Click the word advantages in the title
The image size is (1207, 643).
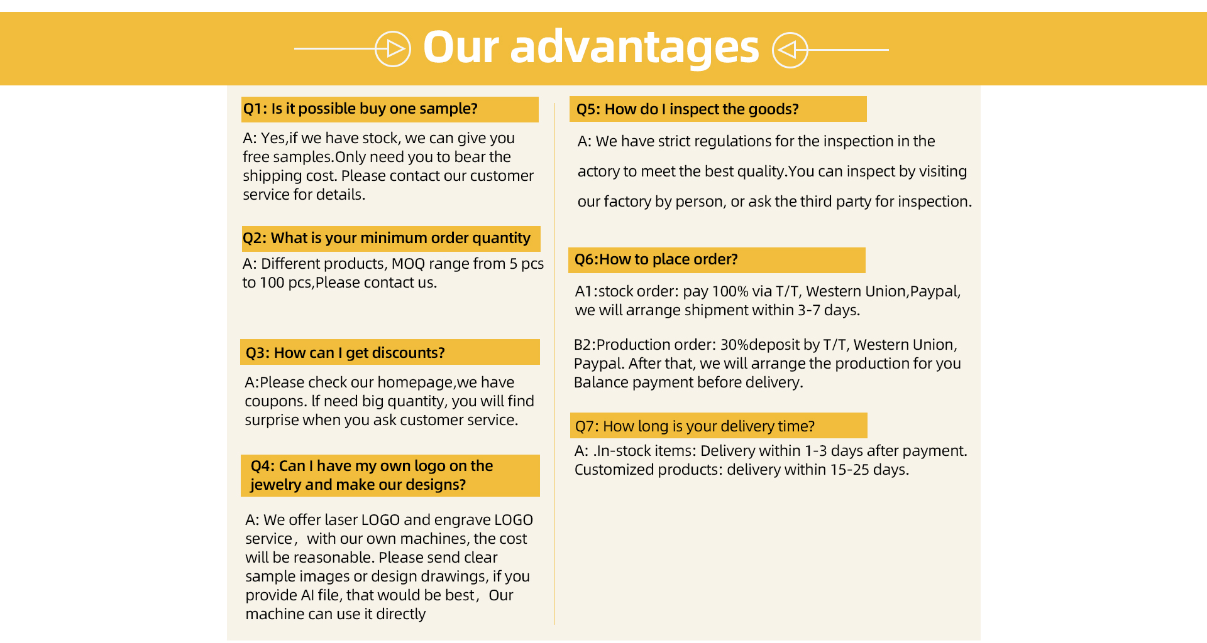click(634, 49)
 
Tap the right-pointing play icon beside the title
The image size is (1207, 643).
click(393, 49)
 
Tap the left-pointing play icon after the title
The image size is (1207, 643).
click(790, 50)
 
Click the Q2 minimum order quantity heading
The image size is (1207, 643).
click(387, 239)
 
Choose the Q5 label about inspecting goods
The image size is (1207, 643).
click(588, 109)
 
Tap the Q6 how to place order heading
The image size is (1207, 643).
click(656, 259)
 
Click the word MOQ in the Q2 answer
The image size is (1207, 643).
click(408, 264)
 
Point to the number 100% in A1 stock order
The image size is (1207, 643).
click(730, 291)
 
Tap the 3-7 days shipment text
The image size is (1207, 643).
click(829, 310)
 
